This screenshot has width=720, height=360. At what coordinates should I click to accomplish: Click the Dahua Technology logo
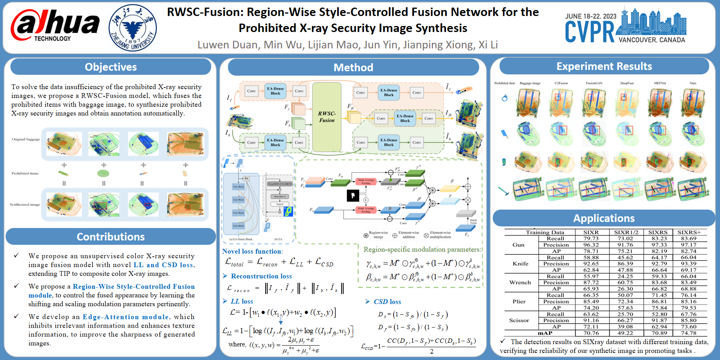click(x=55, y=26)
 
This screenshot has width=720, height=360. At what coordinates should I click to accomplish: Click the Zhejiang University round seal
click(x=132, y=28)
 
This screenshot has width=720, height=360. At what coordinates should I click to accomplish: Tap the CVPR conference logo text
click(x=590, y=32)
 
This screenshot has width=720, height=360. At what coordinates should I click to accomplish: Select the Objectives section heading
click(x=111, y=67)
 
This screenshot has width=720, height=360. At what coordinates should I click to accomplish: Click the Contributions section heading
click(x=111, y=237)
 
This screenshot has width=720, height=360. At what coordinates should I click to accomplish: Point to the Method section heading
click(x=353, y=67)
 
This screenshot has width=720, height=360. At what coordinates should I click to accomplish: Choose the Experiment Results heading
click(x=604, y=66)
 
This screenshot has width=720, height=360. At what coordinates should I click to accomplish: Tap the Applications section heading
click(x=604, y=218)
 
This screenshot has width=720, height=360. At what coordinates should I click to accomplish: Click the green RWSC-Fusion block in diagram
click(x=327, y=117)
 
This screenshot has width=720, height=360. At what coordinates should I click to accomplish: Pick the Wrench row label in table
click(x=520, y=282)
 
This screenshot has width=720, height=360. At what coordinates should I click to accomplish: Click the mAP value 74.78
click(x=688, y=333)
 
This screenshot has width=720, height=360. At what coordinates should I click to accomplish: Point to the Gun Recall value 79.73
click(x=591, y=238)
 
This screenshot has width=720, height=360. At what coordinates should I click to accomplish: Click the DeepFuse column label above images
click(x=627, y=83)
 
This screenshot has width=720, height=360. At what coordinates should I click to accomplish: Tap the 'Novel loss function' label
click(x=252, y=251)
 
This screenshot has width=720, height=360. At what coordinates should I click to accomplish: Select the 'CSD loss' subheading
click(x=387, y=302)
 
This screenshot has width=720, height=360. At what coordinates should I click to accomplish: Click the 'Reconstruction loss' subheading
click(x=261, y=276)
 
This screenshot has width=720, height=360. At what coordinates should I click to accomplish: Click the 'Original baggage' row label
click(x=26, y=139)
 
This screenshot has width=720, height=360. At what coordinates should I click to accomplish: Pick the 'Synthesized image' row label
click(x=25, y=204)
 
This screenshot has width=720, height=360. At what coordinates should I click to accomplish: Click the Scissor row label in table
click(x=519, y=320)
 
